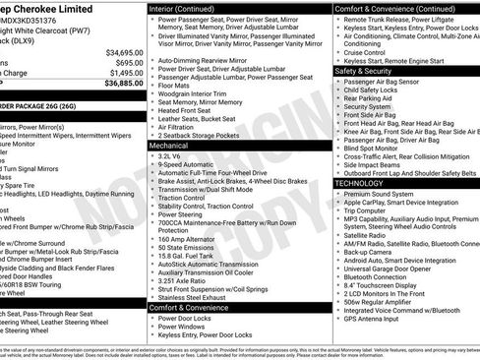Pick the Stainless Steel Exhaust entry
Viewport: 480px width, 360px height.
197,297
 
